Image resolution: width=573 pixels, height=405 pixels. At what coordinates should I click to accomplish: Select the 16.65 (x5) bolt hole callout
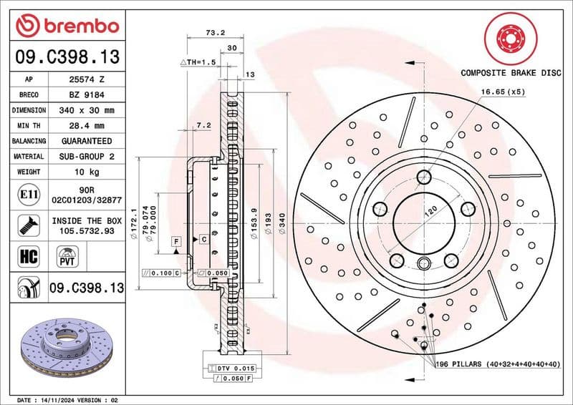[x=503, y=92]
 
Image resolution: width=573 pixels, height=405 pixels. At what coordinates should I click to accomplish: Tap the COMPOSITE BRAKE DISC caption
[x=510, y=72]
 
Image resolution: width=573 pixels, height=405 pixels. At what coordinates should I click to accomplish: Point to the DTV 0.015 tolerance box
[x=231, y=367]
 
